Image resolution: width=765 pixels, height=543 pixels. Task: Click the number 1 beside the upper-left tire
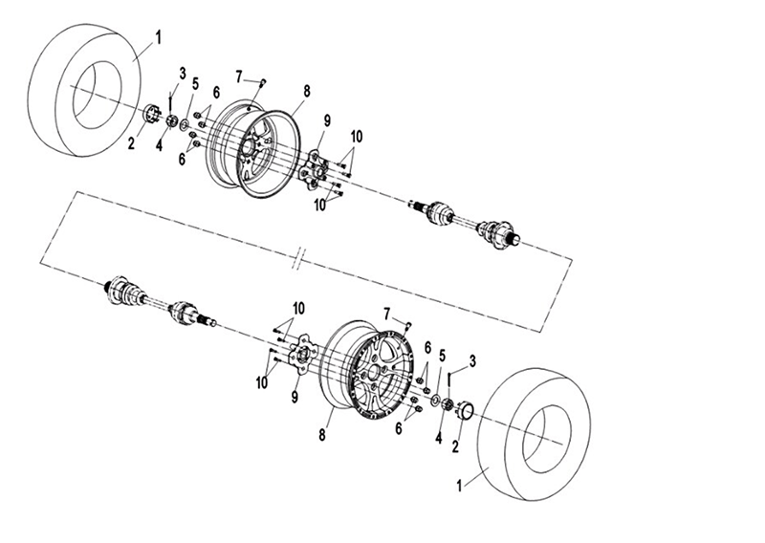coord(158,38)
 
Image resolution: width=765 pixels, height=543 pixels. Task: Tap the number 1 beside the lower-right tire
coord(459,486)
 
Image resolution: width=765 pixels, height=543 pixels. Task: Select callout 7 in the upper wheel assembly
coord(238,77)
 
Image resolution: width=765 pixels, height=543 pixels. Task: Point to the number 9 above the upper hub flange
coord(326,121)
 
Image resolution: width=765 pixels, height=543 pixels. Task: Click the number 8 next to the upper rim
coord(306,91)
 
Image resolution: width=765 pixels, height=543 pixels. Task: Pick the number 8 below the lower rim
coord(322,434)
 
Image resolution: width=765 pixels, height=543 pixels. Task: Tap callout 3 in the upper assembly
coord(183,74)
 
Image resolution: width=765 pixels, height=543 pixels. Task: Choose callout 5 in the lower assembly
coord(443,356)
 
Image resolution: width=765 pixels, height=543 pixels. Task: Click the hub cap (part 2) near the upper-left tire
coord(152,114)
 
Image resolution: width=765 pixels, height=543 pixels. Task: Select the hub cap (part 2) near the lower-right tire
coord(465,410)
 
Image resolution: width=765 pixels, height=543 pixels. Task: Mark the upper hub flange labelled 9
coord(314,171)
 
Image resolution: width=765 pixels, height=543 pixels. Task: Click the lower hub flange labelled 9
coord(302,355)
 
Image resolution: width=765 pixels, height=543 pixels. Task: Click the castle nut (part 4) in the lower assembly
coord(447,404)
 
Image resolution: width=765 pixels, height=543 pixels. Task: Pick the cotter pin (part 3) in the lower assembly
coord(448,381)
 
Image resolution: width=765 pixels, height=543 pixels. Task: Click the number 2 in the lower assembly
coord(455,445)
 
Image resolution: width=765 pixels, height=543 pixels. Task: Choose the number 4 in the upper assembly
coord(159,145)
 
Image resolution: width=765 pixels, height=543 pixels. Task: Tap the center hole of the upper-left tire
coord(97,96)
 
